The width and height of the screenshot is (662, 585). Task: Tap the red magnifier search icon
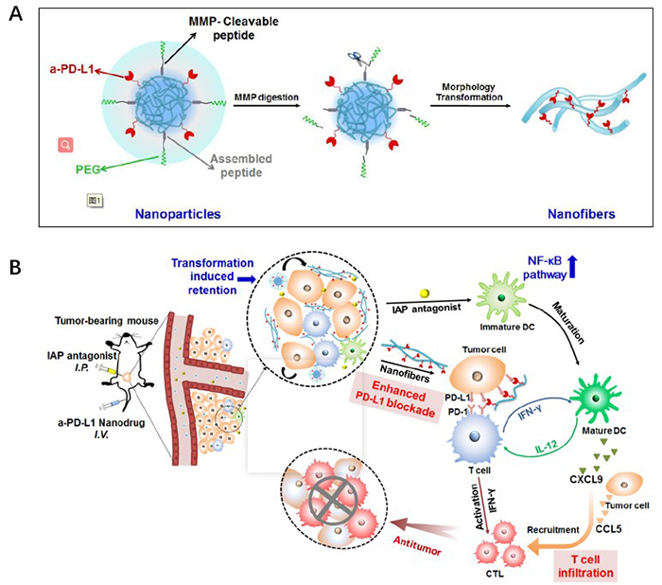pyautogui.click(x=64, y=144)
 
